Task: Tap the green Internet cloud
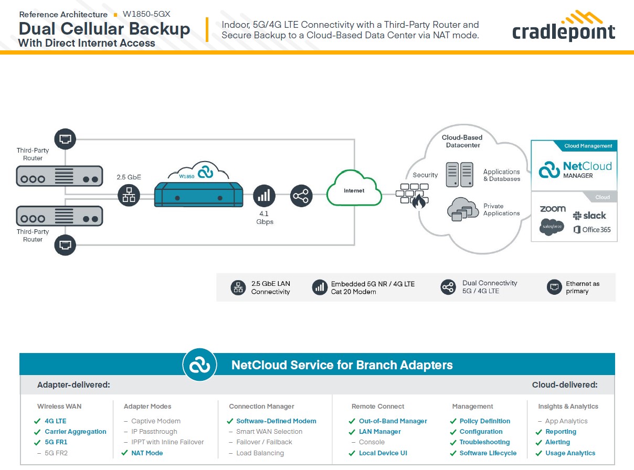(354, 190)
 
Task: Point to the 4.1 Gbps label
(265, 218)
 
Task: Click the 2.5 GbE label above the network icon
(129, 177)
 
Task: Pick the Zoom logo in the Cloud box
(553, 209)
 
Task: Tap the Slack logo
(589, 216)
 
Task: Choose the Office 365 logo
(592, 230)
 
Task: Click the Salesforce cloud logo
(552, 226)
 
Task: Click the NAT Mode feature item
(147, 453)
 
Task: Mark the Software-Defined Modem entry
(276, 421)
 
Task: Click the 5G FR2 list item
(56, 453)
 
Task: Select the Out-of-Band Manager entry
(393, 421)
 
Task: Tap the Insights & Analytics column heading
(568, 407)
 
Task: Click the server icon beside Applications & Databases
(459, 175)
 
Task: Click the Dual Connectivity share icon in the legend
(448, 287)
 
